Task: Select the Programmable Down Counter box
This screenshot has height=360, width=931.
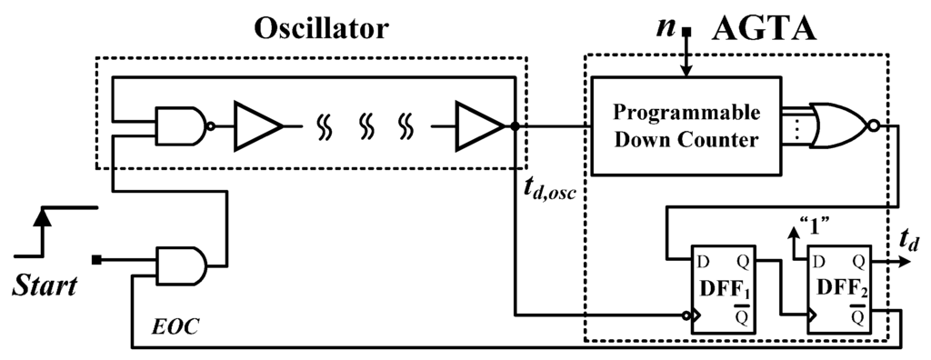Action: tap(686, 126)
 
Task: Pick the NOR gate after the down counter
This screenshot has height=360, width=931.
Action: tap(842, 125)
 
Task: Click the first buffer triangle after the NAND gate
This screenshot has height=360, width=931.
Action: tap(257, 126)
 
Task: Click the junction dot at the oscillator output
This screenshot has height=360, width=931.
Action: tap(516, 126)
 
